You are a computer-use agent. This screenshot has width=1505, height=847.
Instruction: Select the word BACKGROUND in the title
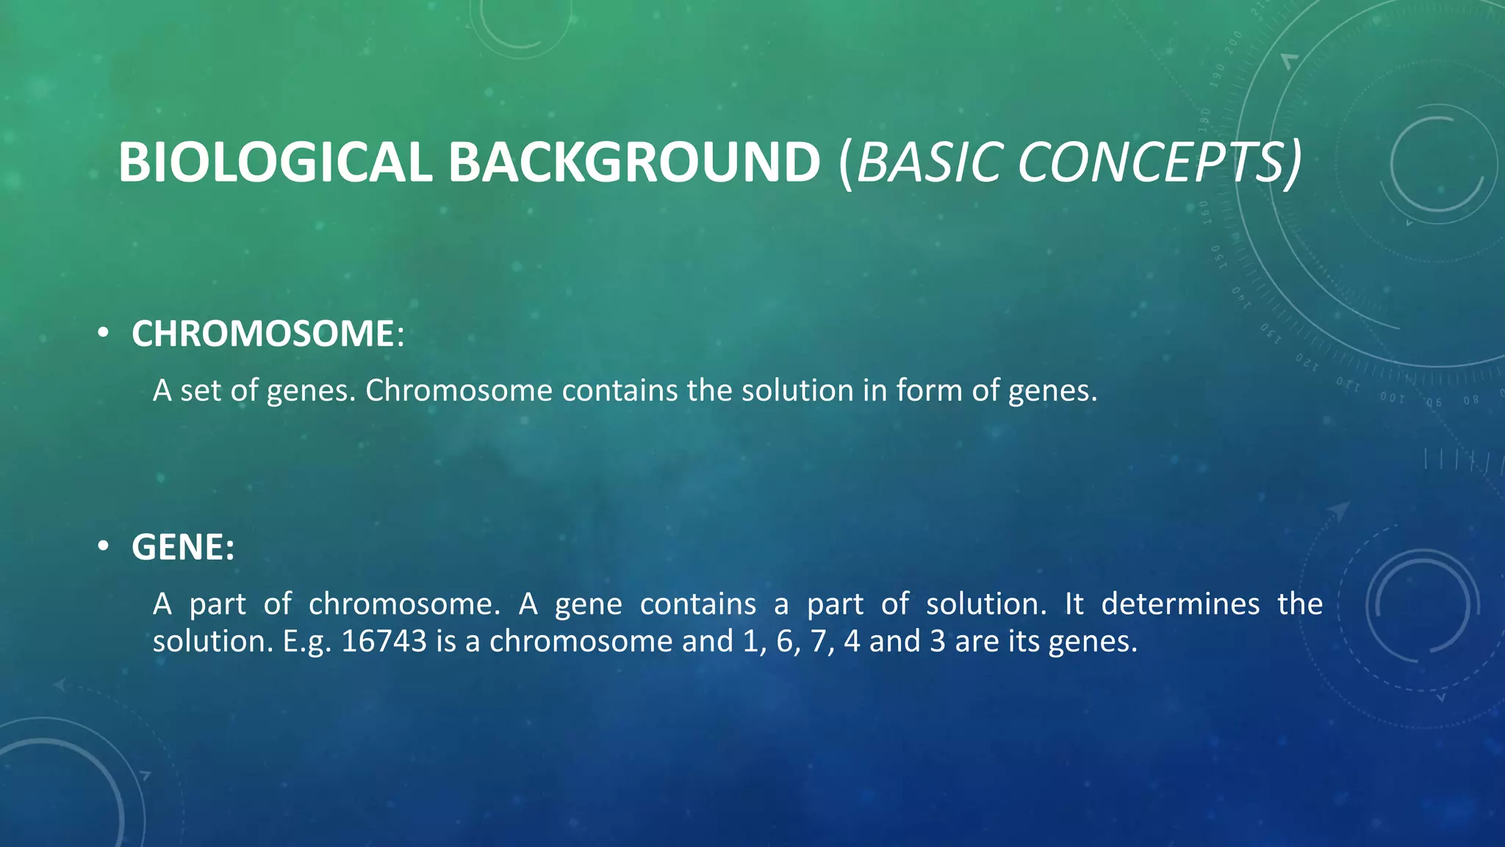633,162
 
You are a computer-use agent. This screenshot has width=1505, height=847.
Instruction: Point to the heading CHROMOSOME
263,334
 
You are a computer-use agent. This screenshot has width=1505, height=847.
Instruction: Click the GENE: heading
183,547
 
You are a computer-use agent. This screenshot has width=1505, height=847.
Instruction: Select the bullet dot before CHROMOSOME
104,334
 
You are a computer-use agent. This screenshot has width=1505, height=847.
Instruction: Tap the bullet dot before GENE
104,547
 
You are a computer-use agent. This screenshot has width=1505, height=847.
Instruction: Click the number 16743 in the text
384,641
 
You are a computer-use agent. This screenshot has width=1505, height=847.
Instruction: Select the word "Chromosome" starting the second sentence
459,390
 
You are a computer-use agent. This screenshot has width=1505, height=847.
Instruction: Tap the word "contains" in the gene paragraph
697,604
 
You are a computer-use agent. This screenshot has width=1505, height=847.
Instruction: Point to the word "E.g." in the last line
307,641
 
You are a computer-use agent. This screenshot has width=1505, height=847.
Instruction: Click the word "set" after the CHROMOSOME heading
200,390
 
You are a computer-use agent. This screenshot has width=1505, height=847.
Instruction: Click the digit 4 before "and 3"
852,641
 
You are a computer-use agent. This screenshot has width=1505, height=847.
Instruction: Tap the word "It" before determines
1074,604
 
